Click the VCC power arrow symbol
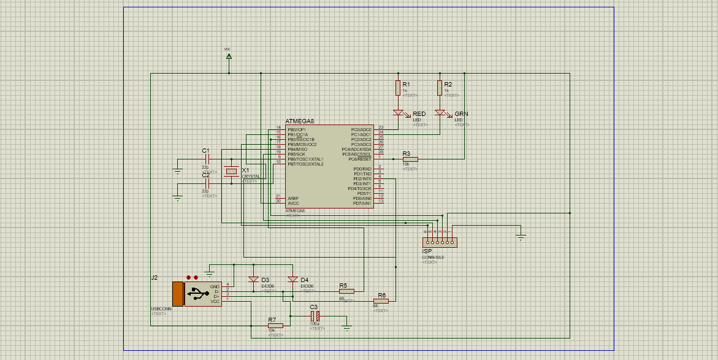point(229,56)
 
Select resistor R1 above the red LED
point(398,88)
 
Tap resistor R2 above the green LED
point(440,88)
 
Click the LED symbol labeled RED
point(399,113)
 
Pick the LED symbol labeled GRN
point(440,113)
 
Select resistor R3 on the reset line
point(410,159)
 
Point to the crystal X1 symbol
point(231,171)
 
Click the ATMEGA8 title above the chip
point(300,121)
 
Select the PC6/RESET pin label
point(361,159)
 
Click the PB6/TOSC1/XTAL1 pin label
point(305,159)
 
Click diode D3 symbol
point(253,280)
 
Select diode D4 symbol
point(292,280)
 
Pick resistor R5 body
point(346,291)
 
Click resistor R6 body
point(381,301)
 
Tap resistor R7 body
point(275,326)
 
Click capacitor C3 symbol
point(315,316)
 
